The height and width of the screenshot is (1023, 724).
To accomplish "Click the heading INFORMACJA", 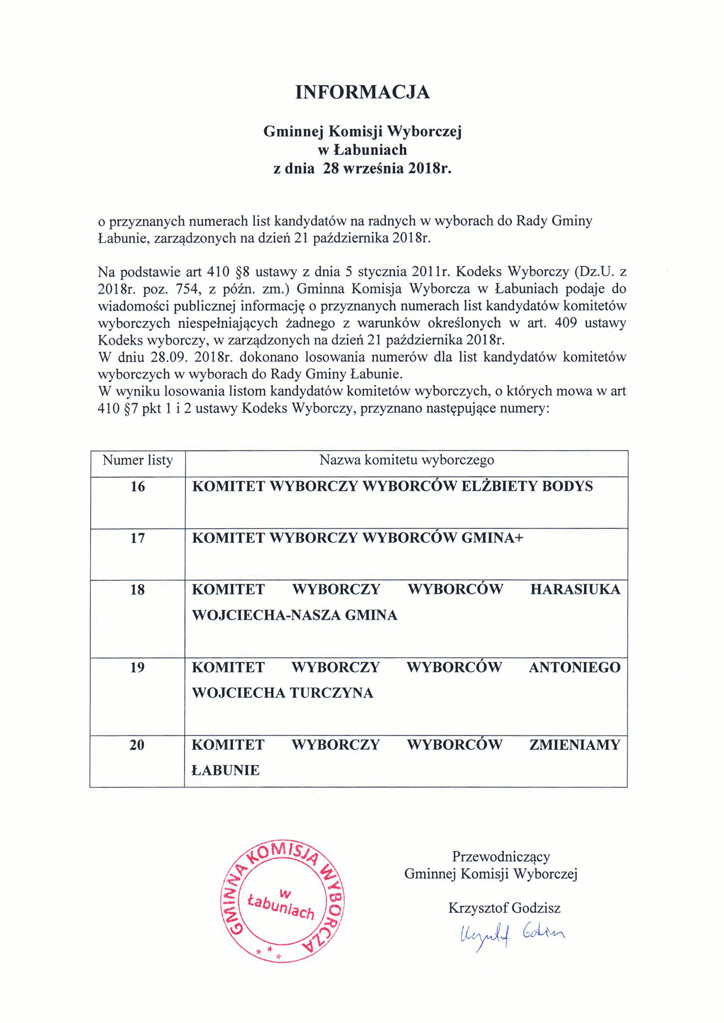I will point(362,92).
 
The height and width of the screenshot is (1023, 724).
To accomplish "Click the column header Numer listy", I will point(138,460).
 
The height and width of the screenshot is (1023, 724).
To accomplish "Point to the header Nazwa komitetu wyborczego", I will point(406,460).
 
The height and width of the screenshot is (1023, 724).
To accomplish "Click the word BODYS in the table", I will point(567,486).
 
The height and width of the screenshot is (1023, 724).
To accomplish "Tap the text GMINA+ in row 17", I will point(492,538).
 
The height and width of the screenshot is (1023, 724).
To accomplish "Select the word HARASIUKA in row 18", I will point(575,589).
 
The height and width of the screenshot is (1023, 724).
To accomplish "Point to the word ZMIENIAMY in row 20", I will point(574,745).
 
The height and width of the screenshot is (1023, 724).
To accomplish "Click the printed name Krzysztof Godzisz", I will point(504,908).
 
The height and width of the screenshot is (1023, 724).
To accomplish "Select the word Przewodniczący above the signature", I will point(501,857).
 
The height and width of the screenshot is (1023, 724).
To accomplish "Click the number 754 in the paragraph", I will point(186,289).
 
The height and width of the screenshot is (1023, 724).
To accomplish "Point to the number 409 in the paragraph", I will point(566,323).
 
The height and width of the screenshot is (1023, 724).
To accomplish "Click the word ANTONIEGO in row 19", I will point(574,667).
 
